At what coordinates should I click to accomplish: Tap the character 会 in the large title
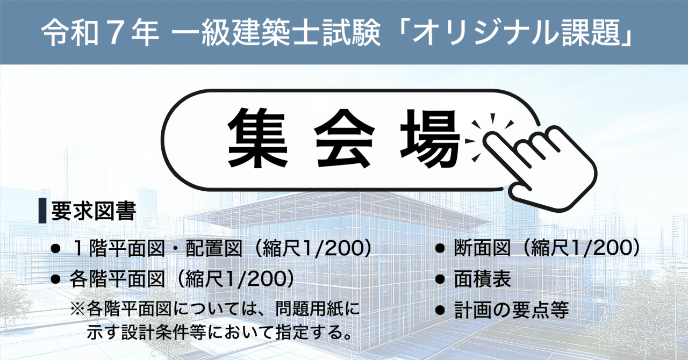[344, 138]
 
